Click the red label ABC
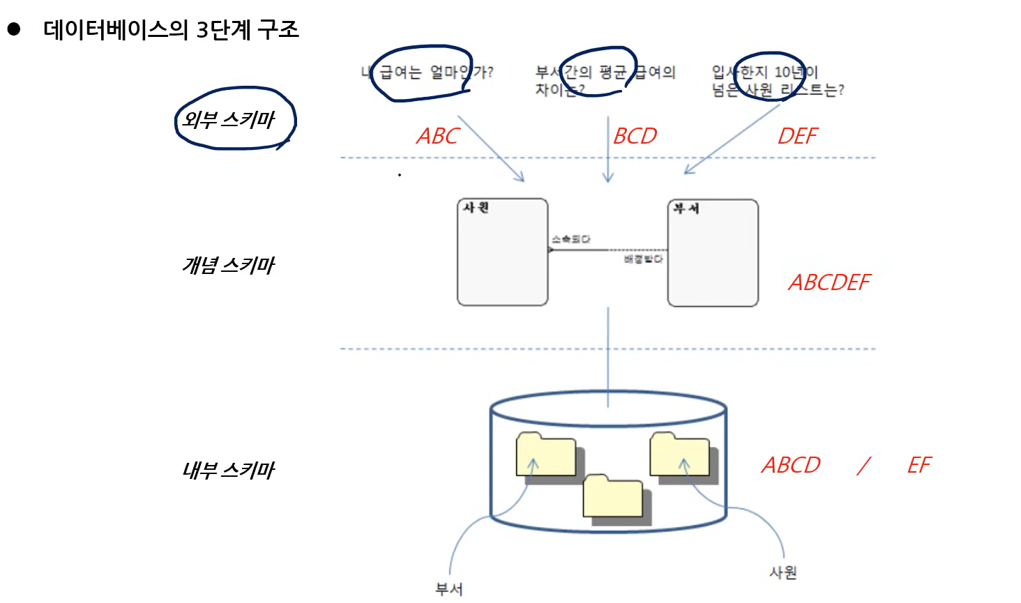(438, 136)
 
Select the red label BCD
(635, 136)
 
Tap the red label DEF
(797, 136)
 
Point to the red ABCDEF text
(829, 282)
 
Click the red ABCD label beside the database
(791, 465)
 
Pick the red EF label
(919, 465)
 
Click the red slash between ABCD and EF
(864, 465)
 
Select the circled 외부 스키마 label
(229, 120)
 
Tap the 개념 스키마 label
(229, 266)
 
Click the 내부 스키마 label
(229, 471)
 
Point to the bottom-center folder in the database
(613, 497)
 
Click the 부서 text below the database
(448, 589)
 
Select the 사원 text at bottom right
(782, 572)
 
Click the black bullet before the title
(14, 29)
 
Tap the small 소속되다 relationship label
(570, 239)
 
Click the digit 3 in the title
(202, 30)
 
